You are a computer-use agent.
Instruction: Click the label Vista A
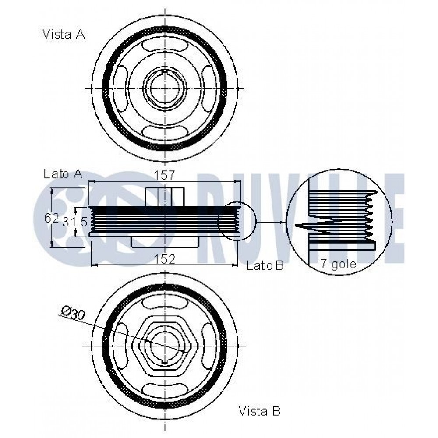click(64, 34)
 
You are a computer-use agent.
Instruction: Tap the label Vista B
click(259, 411)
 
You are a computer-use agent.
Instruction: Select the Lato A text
click(63, 174)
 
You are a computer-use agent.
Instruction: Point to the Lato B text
click(265, 265)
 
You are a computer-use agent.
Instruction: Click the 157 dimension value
click(165, 176)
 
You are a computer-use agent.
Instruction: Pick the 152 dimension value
click(165, 259)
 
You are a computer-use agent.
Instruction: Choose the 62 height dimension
click(52, 218)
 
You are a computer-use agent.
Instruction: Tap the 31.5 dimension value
click(75, 222)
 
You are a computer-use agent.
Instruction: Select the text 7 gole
click(339, 264)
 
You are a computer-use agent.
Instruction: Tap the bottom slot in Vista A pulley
click(165, 132)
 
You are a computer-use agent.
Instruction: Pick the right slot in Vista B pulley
click(208, 346)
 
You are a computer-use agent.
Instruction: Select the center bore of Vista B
click(165, 346)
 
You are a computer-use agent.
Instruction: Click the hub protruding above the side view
click(165, 197)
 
